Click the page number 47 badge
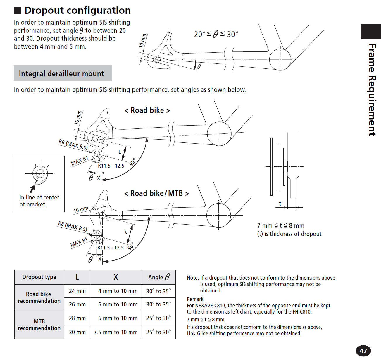pos(363,351)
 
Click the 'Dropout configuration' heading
pos(77,11)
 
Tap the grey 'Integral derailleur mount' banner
pos(63,73)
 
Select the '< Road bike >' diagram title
pos(147,110)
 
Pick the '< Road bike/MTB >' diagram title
pos(156,193)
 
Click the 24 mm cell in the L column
pos(77,291)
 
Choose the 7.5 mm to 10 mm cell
pos(115,332)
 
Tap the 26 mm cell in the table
pos(77,304)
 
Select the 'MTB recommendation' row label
pos(39,325)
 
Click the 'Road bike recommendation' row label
pos(39,297)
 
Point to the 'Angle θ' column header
pos(159,277)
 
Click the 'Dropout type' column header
pos(39,277)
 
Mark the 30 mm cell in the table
pos(77,332)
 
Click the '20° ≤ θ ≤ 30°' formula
pos(216,35)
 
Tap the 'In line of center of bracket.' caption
pos(39,201)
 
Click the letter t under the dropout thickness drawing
pos(280,204)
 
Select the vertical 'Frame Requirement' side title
pos(372,89)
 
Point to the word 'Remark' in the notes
pos(195,299)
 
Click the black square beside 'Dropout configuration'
pos(18,11)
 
